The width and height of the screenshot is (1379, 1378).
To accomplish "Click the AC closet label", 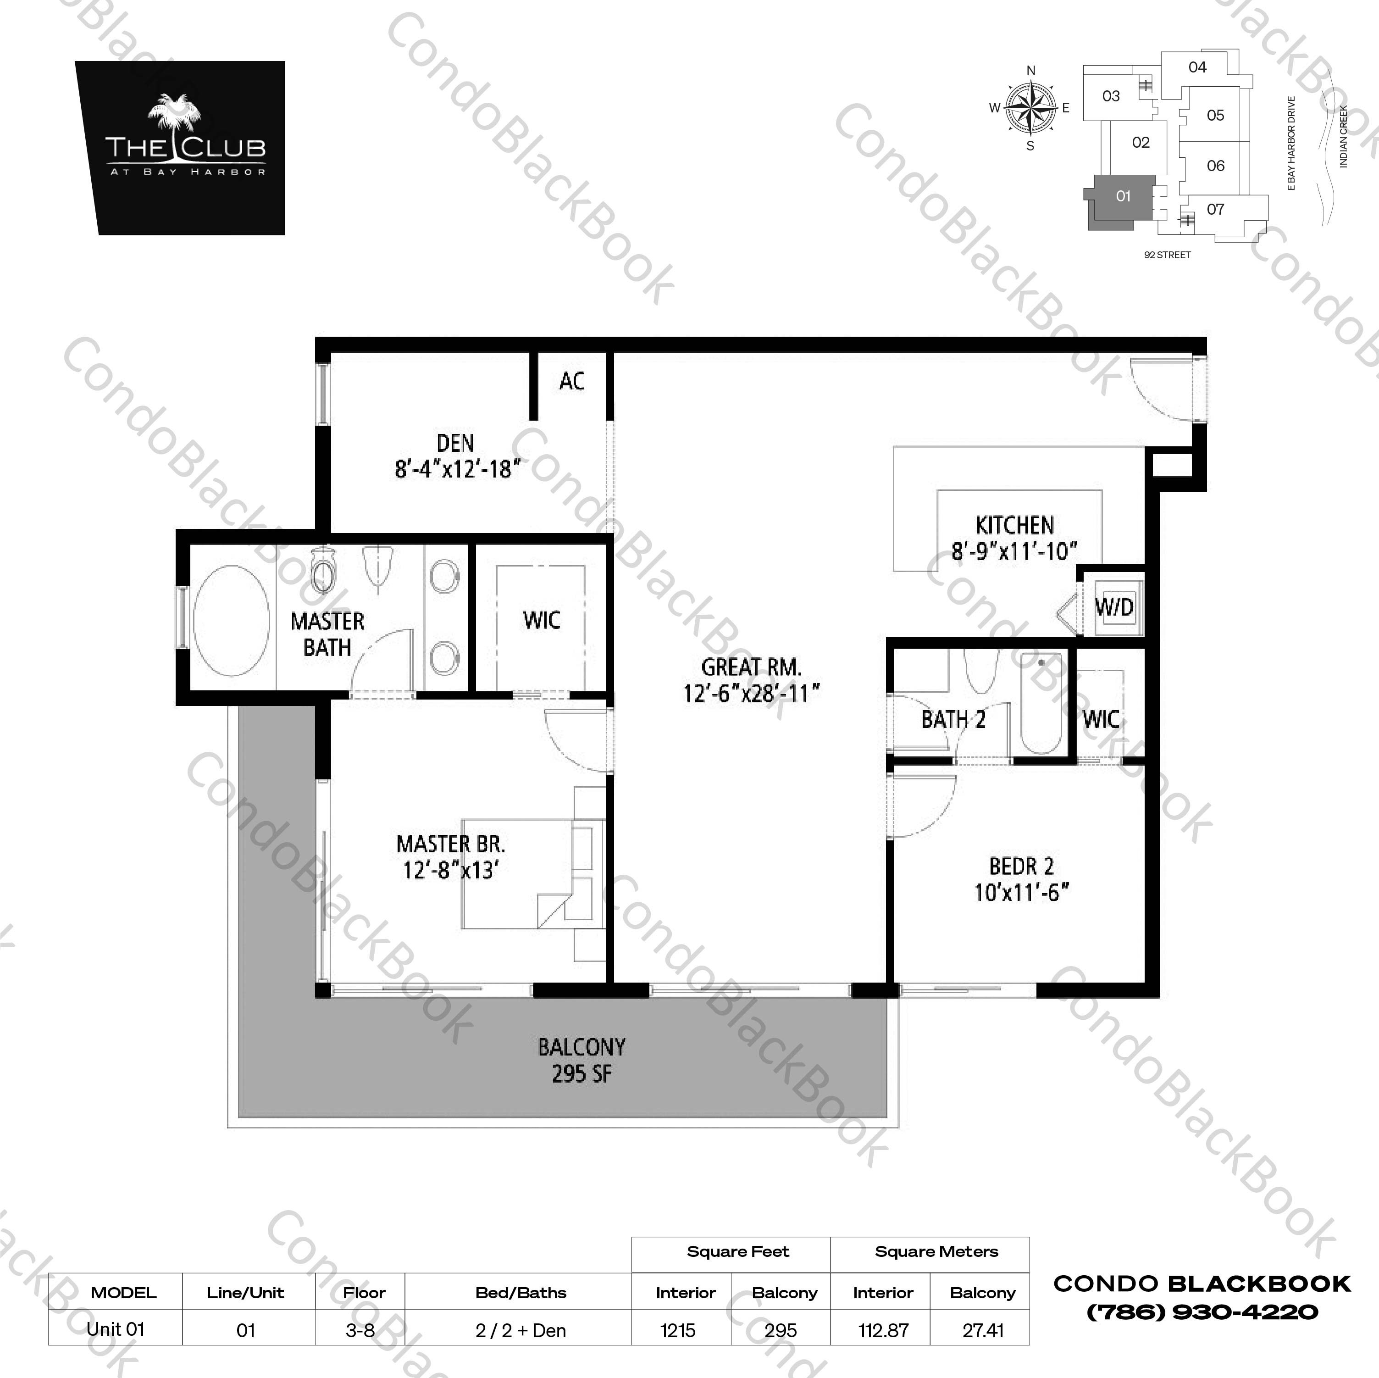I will point(572,381).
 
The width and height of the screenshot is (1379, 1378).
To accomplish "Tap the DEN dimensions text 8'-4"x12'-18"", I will point(457,470).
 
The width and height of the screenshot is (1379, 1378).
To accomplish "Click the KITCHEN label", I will point(1014,526).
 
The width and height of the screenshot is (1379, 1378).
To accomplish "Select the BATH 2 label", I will point(953,720).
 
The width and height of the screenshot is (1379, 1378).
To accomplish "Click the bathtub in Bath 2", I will point(1041,703).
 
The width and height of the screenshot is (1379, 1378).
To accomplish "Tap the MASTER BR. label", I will point(450,845).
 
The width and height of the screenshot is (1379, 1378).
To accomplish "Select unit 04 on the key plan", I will point(1197,67).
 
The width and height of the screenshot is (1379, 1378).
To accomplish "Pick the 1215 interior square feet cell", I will point(677,1330).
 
